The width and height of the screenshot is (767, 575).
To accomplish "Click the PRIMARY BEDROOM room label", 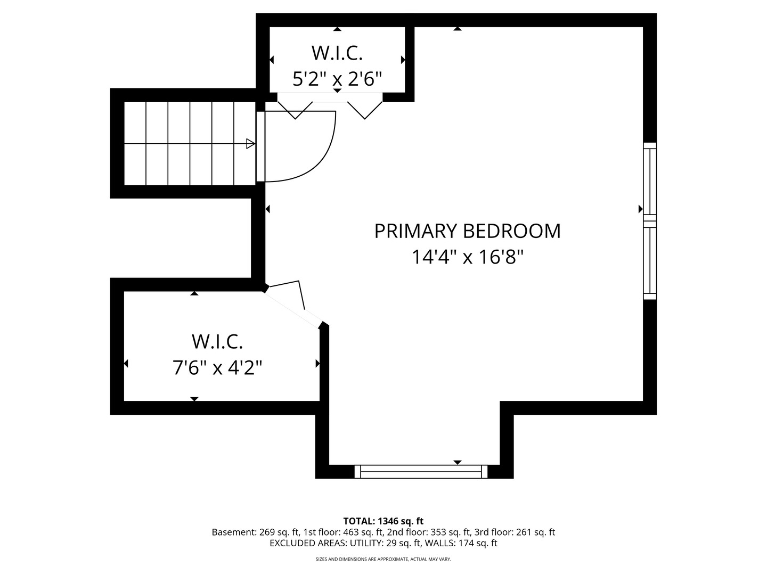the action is (467, 231).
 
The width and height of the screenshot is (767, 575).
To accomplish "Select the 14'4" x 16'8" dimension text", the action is (468, 257).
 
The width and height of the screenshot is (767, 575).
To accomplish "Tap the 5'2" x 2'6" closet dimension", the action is (337, 79).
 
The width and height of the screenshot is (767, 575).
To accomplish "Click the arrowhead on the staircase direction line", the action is (250, 144).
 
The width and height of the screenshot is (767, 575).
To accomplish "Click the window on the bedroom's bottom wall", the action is (421, 471).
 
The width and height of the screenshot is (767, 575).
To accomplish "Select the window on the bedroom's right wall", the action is (650, 221).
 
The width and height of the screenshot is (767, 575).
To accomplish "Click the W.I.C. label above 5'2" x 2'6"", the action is (337, 53).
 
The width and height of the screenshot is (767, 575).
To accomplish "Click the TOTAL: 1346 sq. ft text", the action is (383, 521).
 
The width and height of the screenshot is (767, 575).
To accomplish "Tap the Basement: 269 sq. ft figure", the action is (256, 532).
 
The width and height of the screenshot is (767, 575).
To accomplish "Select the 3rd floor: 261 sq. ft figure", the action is (515, 532).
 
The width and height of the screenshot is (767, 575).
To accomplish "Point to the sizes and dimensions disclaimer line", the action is (383, 559).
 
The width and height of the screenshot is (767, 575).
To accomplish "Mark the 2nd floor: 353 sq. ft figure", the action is (428, 532).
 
